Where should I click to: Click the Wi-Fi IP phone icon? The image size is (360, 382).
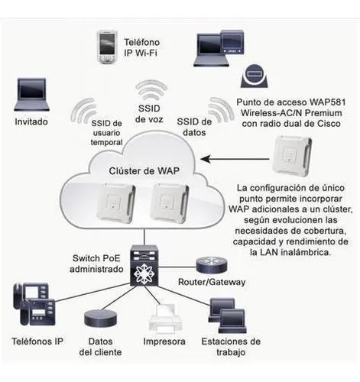[x=107, y=47]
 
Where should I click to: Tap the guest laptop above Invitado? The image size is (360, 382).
[x=31, y=95]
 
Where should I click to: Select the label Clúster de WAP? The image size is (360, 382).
[x=144, y=171]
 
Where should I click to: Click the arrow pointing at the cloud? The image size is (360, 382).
[x=235, y=159]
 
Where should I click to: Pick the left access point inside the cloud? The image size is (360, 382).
[x=116, y=202]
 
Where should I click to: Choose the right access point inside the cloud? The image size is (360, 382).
[x=170, y=202]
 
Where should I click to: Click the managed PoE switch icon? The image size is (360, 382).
[x=144, y=265]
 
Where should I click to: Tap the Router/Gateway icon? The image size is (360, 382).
[x=211, y=264]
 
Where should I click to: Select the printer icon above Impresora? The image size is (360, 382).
[x=166, y=319]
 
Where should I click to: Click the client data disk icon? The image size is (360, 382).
[x=101, y=319]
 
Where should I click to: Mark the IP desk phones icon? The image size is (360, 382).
[x=34, y=304]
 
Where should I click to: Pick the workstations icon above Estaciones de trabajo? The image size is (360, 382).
[x=227, y=316]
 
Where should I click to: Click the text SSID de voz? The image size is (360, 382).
[x=149, y=114]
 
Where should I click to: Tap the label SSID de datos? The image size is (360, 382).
[x=194, y=127]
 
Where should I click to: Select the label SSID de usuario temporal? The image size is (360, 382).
[x=106, y=133]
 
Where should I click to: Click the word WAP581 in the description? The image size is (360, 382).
[x=328, y=102]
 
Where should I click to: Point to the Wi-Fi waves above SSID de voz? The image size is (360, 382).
[x=151, y=90]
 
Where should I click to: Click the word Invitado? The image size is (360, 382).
[x=31, y=121]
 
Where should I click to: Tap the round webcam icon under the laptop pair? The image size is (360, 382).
[x=254, y=76]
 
